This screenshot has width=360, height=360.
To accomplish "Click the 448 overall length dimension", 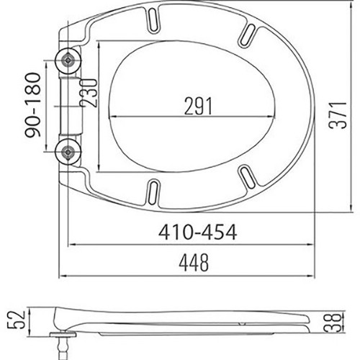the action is click(194, 263).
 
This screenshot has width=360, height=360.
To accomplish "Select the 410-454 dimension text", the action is click(197, 232).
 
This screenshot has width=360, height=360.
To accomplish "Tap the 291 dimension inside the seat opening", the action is click(198, 106).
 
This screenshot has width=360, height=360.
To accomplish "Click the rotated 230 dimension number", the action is click(89, 93).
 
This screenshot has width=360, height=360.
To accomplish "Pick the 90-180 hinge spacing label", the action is click(33, 105).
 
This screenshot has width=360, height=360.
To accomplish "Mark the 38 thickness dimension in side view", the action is click(333, 323).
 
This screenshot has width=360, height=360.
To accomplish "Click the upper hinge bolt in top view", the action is click(68, 60).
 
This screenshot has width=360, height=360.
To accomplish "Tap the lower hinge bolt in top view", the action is click(68, 152).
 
